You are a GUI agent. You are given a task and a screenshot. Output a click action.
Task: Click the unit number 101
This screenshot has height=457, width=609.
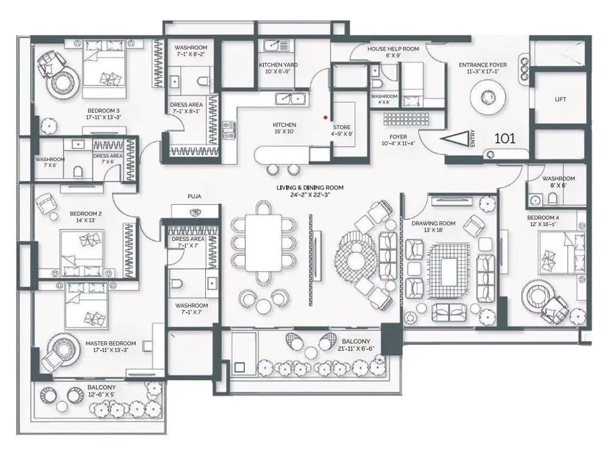click(x=505, y=138)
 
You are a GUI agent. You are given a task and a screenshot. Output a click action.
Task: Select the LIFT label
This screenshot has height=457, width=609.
click(x=560, y=99)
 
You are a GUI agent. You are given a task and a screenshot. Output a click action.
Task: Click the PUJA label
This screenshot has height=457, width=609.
click(x=195, y=197)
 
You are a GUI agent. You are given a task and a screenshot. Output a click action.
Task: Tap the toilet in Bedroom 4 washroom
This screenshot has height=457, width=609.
click(x=552, y=198)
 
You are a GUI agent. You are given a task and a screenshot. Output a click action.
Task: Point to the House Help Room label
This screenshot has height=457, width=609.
click(x=393, y=49)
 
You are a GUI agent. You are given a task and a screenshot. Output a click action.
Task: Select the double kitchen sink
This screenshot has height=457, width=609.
click(x=290, y=99)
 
